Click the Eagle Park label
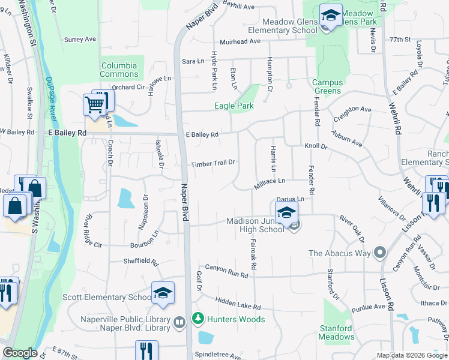(234, 106)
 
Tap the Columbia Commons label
(119, 70)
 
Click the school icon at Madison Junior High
(287, 212)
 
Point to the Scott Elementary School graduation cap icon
(163, 292)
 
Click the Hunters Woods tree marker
(197, 319)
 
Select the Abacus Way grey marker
(379, 253)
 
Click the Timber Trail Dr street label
(212, 163)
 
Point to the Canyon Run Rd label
(226, 271)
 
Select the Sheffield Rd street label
(140, 262)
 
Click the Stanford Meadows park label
(336, 332)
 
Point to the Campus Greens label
(327, 87)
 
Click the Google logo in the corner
(20, 353)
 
